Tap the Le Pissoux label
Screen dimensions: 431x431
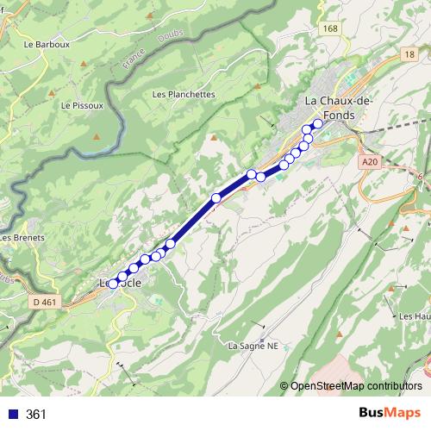point(82,106)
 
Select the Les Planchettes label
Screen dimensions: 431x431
point(184,95)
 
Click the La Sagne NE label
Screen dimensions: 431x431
point(254,346)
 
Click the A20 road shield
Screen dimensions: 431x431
point(370,161)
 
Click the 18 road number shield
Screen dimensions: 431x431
point(408,54)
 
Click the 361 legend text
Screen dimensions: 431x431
point(36,415)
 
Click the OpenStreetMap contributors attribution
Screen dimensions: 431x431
point(355,385)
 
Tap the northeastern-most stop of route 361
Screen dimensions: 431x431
point(317,123)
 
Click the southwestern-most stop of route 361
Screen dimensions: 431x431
point(113,284)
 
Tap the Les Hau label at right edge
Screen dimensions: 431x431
point(415,316)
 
